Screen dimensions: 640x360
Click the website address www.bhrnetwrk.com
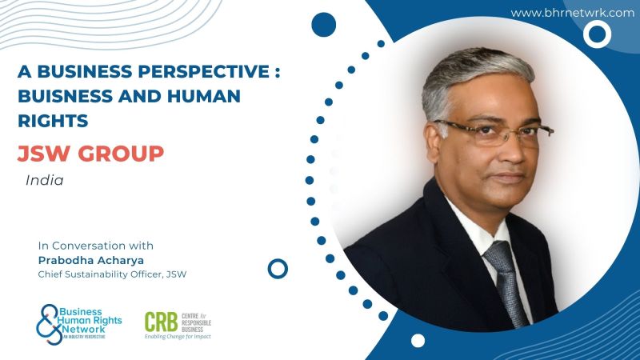(x=572, y=13)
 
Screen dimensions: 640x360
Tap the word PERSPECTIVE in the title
(x=204, y=71)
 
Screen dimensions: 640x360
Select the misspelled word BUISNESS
(x=65, y=96)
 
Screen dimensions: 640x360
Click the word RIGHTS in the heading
(x=53, y=121)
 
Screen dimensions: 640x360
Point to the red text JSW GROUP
(x=90, y=154)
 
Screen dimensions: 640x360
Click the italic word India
(x=45, y=181)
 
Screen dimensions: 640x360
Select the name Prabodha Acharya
(x=90, y=261)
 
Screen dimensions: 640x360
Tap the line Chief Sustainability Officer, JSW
(x=112, y=274)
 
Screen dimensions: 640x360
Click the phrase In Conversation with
(x=96, y=246)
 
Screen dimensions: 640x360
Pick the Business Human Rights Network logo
(x=78, y=325)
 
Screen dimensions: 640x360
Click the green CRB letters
(x=161, y=322)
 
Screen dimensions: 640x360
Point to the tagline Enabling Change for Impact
(x=178, y=337)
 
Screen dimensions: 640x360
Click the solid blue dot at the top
(x=324, y=25)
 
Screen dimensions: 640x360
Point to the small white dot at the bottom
(x=418, y=341)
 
